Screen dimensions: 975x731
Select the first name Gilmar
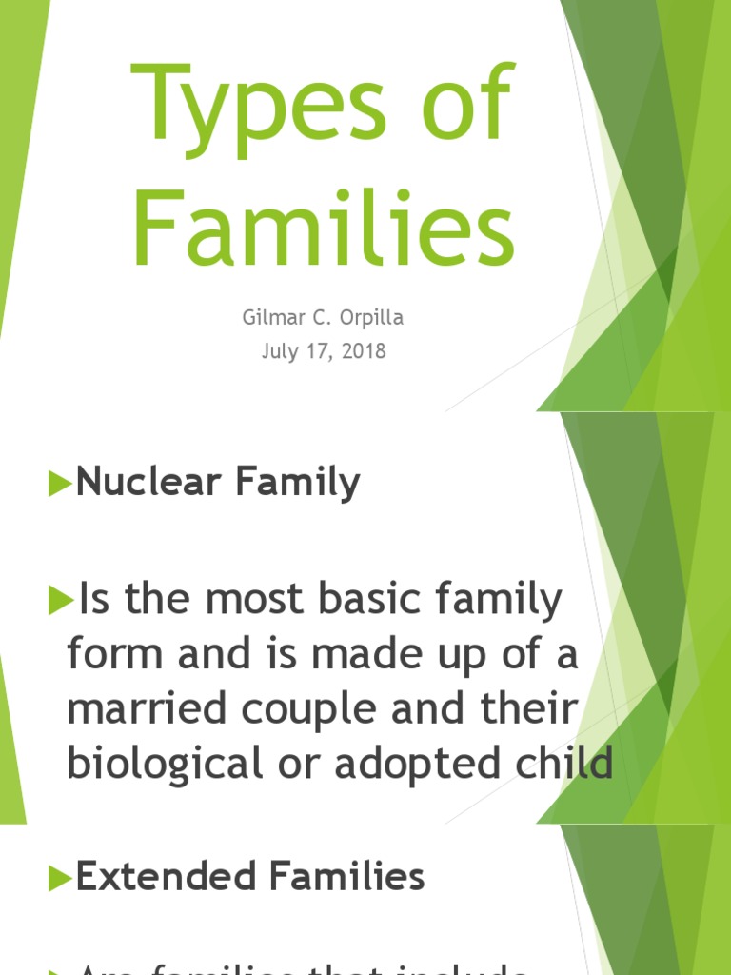(x=273, y=317)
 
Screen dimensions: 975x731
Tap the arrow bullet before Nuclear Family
(x=61, y=484)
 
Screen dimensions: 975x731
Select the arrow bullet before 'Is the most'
(x=61, y=601)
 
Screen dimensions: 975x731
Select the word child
(x=563, y=764)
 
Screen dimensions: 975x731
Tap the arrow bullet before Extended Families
(x=61, y=878)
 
